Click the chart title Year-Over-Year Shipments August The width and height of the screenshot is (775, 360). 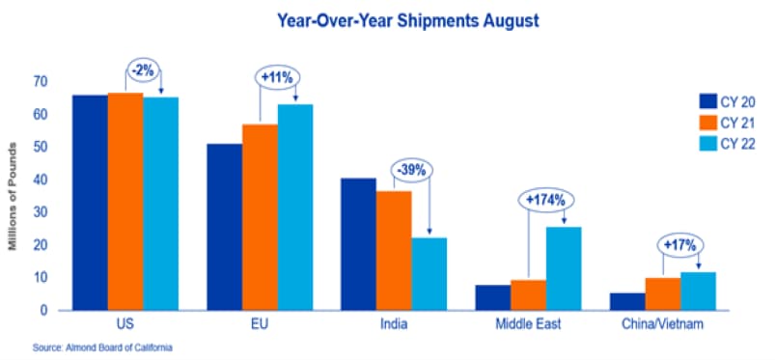coord(407,21)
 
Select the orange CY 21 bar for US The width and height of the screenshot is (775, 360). coord(125,202)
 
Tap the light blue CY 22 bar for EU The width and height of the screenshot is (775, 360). coord(295,208)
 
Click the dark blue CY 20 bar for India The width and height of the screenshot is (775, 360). coord(358,244)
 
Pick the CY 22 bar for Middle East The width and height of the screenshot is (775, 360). coord(564,268)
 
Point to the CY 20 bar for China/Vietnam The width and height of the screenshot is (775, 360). coord(627,302)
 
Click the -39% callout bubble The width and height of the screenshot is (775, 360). coord(411,171)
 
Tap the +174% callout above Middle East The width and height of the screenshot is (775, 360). coord(545,201)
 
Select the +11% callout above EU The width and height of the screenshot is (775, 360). coord(278,77)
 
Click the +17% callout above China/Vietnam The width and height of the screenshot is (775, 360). coord(680,244)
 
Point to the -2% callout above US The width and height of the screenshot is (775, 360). coord(144,69)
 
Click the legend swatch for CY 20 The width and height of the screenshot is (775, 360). coord(706,101)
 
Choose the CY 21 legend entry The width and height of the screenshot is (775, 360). coord(727,123)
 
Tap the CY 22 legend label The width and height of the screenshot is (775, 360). coord(738,145)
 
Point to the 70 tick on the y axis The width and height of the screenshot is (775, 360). coord(41,82)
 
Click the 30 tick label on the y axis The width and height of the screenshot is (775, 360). coord(41,212)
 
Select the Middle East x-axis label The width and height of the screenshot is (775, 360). coord(529,325)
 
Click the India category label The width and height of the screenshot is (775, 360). coord(394,325)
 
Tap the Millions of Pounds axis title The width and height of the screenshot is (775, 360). coord(13,196)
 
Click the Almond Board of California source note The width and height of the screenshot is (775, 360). coord(103,347)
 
